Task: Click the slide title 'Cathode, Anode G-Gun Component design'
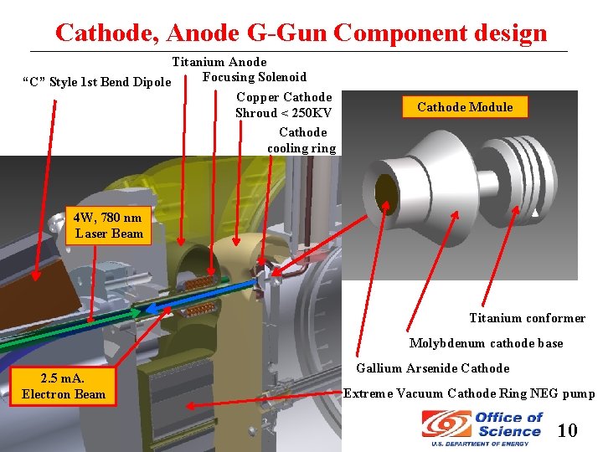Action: click(x=301, y=33)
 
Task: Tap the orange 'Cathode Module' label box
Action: click(x=465, y=107)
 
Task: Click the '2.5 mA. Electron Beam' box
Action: click(x=64, y=386)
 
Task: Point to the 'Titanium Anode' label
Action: click(x=219, y=62)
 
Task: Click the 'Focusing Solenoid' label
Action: click(x=255, y=77)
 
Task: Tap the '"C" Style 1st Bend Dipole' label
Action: click(x=96, y=82)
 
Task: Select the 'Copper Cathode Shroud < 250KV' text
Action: click(x=283, y=105)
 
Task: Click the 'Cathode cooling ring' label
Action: click(x=301, y=140)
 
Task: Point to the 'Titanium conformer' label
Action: click(x=527, y=318)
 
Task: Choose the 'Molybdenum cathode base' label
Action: click(x=486, y=343)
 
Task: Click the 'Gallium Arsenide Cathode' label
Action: click(x=432, y=368)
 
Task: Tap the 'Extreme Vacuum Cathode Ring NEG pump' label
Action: click(x=469, y=393)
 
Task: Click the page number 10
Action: click(x=567, y=431)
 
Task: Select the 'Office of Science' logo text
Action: click(x=508, y=424)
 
